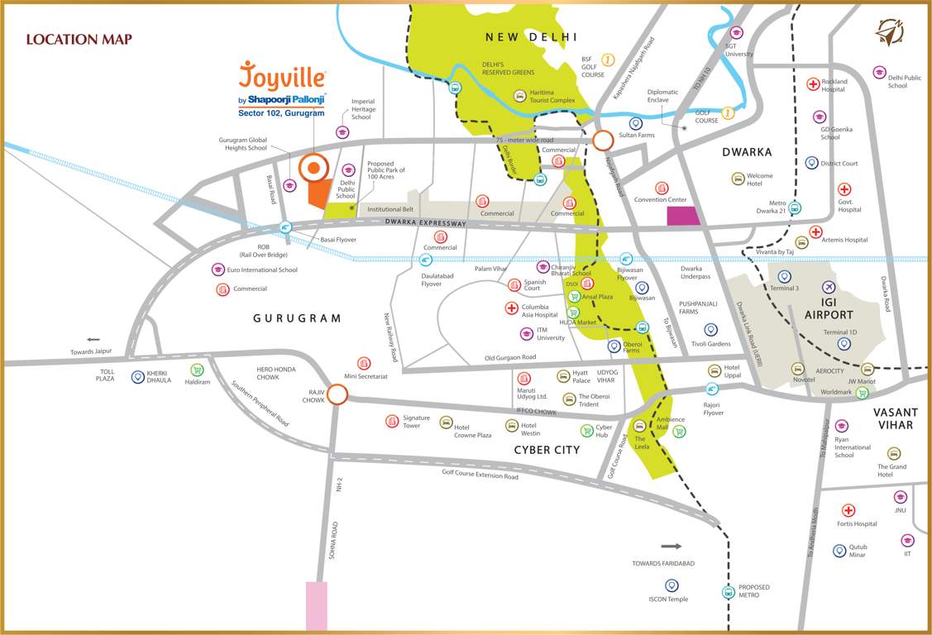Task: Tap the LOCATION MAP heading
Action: click(x=79, y=39)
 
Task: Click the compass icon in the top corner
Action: click(x=889, y=33)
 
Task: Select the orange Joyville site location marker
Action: click(x=313, y=169)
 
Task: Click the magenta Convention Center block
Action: click(x=682, y=216)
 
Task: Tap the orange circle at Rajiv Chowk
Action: click(x=337, y=395)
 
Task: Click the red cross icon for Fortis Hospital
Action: click(x=848, y=510)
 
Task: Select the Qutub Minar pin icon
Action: click(x=839, y=550)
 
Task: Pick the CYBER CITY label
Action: click(x=547, y=450)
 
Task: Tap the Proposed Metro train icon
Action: click(x=728, y=591)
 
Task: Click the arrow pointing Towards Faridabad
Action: click(x=671, y=546)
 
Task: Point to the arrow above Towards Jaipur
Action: click(x=93, y=339)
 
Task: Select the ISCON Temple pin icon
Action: click(x=672, y=585)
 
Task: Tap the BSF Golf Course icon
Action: click(x=609, y=60)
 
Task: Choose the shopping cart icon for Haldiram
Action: click(x=197, y=370)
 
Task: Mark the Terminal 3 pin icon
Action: click(x=784, y=276)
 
